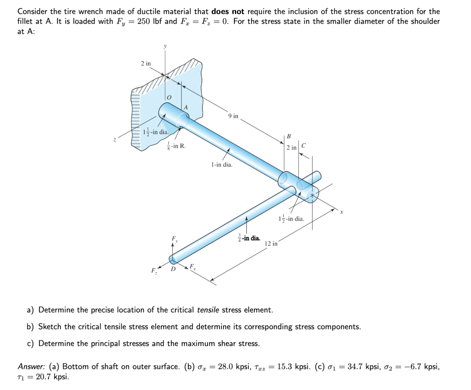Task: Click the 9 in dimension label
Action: [233, 116]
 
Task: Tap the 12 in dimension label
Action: [271, 244]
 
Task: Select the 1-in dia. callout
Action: [222, 165]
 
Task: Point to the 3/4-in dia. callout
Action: [249, 238]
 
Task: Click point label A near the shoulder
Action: [186, 108]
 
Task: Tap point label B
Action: [289, 136]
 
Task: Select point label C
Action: [303, 145]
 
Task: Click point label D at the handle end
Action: [173, 269]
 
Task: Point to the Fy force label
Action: [174, 239]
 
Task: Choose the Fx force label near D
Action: [193, 267]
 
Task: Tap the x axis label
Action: [342, 212]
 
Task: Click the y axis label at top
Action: [165, 46]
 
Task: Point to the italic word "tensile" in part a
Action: [208, 310]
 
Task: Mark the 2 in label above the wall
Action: [146, 64]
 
